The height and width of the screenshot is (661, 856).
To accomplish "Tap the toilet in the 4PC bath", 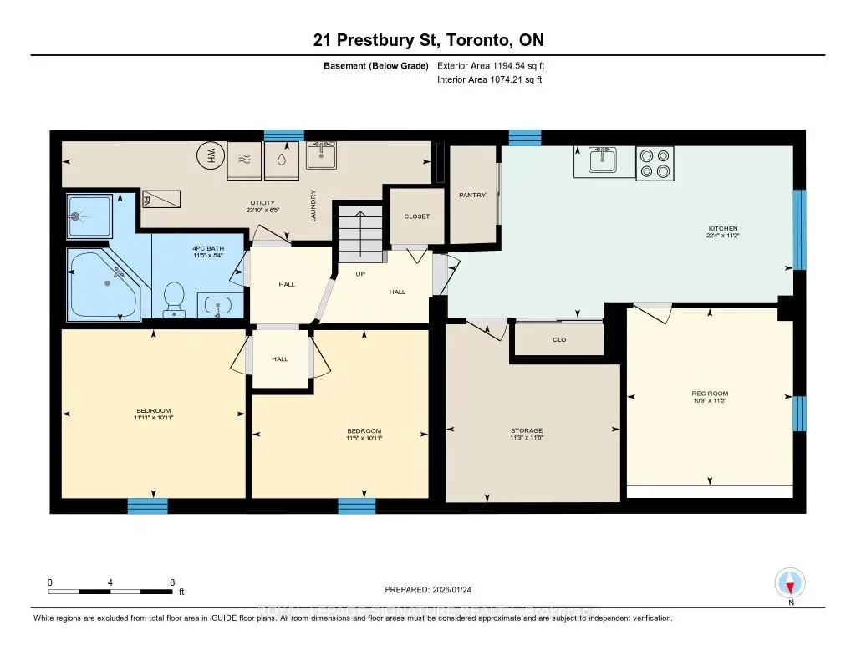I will [x=175, y=300].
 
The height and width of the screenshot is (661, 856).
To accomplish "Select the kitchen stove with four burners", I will [x=655, y=163].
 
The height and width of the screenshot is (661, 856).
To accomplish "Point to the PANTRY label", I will [x=472, y=195].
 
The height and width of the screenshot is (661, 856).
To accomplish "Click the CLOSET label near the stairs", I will [x=416, y=216].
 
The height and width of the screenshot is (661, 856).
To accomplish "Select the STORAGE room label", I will [x=527, y=431].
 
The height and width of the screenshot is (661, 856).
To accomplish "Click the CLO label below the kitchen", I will [x=559, y=340].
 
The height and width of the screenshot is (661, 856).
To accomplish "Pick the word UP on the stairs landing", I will [x=361, y=273].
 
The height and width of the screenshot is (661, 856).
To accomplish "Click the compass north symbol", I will [x=790, y=582].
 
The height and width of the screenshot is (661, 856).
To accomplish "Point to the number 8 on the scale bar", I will [x=171, y=582].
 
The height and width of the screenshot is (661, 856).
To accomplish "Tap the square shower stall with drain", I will [x=88, y=216].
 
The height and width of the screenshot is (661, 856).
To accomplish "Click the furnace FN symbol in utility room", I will [x=158, y=199].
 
